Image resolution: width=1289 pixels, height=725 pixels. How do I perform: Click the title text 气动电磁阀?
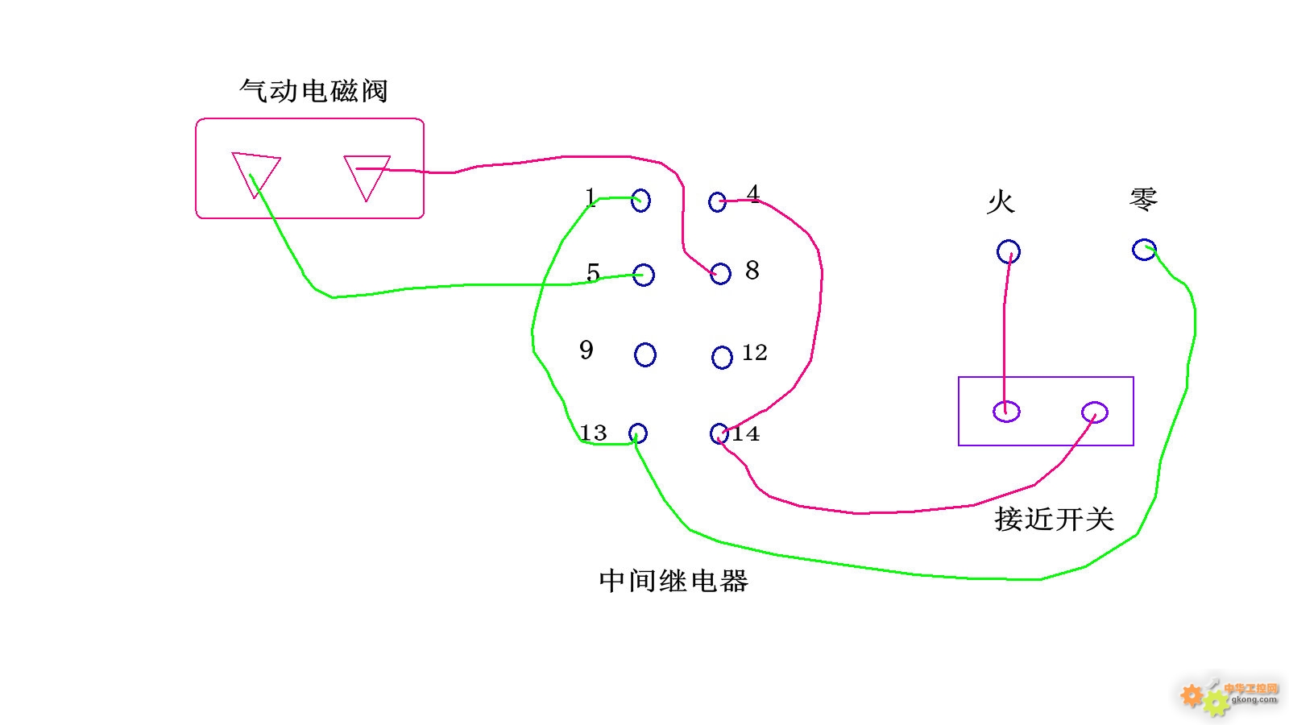click(313, 91)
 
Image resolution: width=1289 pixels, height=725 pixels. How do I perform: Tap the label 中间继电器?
click(674, 581)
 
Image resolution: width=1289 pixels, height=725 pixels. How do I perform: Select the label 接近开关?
click(1055, 519)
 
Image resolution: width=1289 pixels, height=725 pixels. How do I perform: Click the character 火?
click(1001, 202)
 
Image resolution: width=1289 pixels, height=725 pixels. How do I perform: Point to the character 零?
click(1143, 200)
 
